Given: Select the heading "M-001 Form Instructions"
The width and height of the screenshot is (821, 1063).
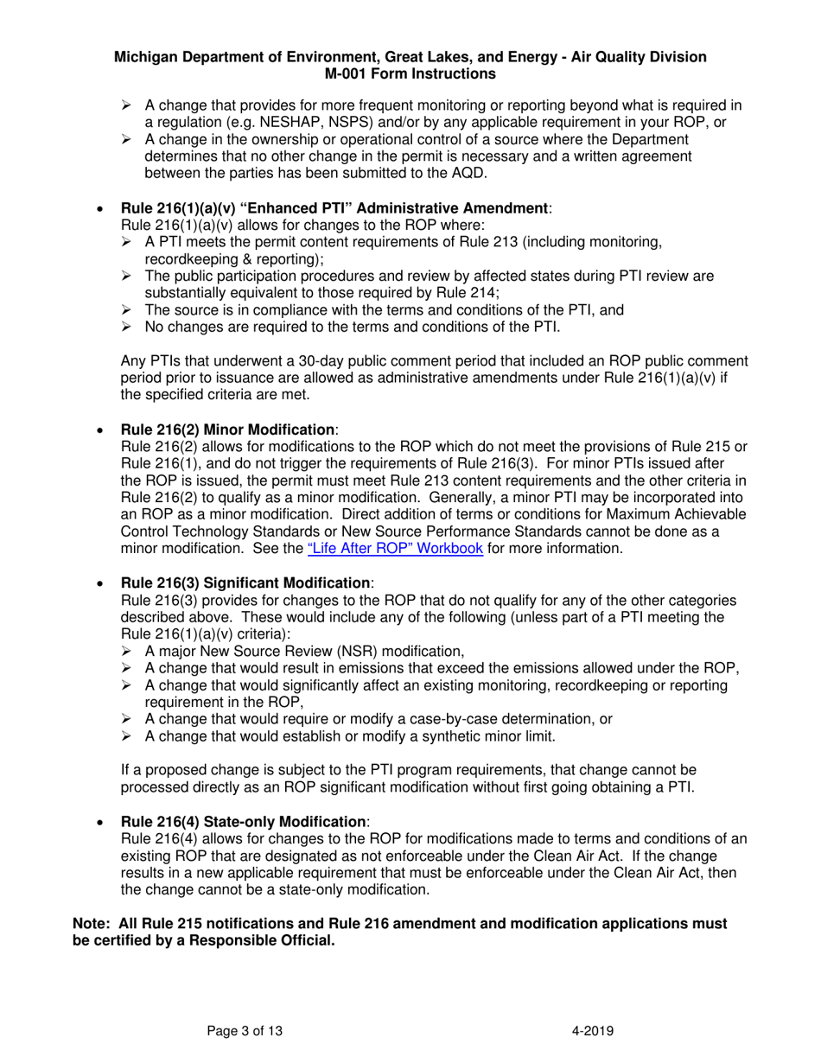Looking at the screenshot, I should [410, 73].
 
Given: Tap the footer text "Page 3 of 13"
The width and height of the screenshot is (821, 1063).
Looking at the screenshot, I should [245, 1030].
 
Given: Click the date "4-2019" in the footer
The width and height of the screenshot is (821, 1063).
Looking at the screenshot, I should [593, 1030].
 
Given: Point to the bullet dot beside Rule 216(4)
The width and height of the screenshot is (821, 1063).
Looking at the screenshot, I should [101, 822].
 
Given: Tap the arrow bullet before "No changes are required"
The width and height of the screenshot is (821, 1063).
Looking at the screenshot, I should [126, 327].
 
